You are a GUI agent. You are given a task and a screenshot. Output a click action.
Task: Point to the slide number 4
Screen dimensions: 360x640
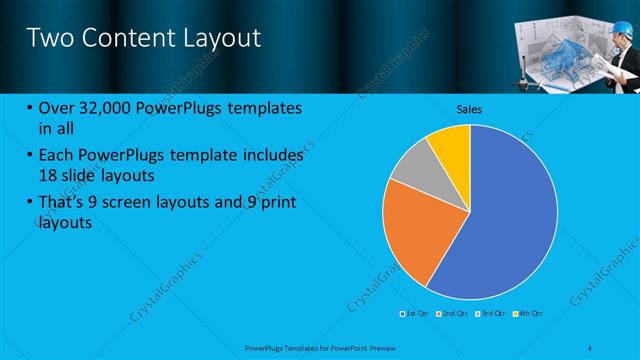[592, 346]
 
